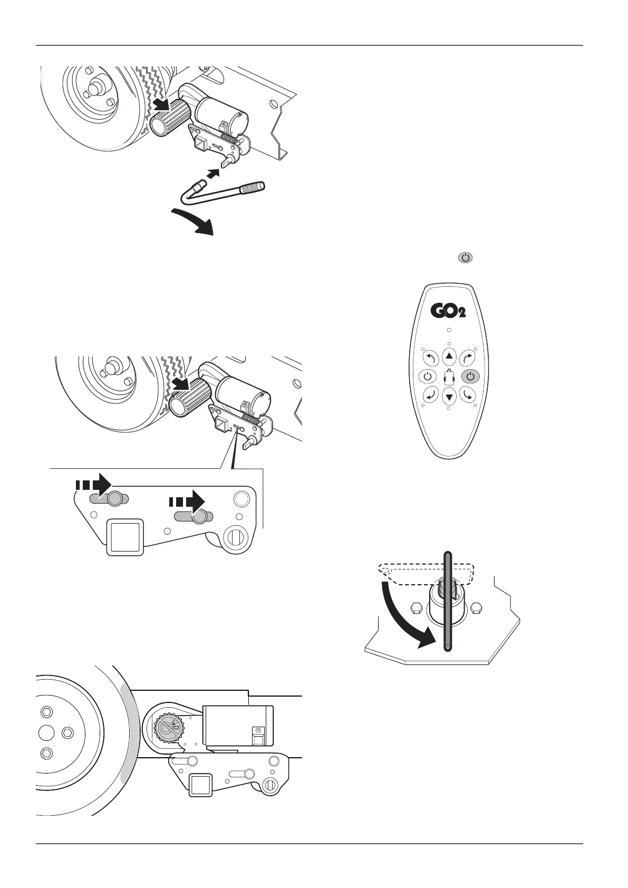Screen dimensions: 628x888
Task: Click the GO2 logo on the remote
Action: (448, 310)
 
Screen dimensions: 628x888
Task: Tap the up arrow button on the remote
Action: (449, 356)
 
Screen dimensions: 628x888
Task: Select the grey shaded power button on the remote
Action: (471, 377)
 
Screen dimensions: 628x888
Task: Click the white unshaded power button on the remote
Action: (427, 377)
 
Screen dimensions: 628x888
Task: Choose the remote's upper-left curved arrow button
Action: (430, 358)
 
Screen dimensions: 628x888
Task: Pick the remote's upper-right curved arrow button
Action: (467, 358)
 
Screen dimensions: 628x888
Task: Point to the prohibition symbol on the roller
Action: (168, 730)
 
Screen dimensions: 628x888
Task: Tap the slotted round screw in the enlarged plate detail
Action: (235, 538)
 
